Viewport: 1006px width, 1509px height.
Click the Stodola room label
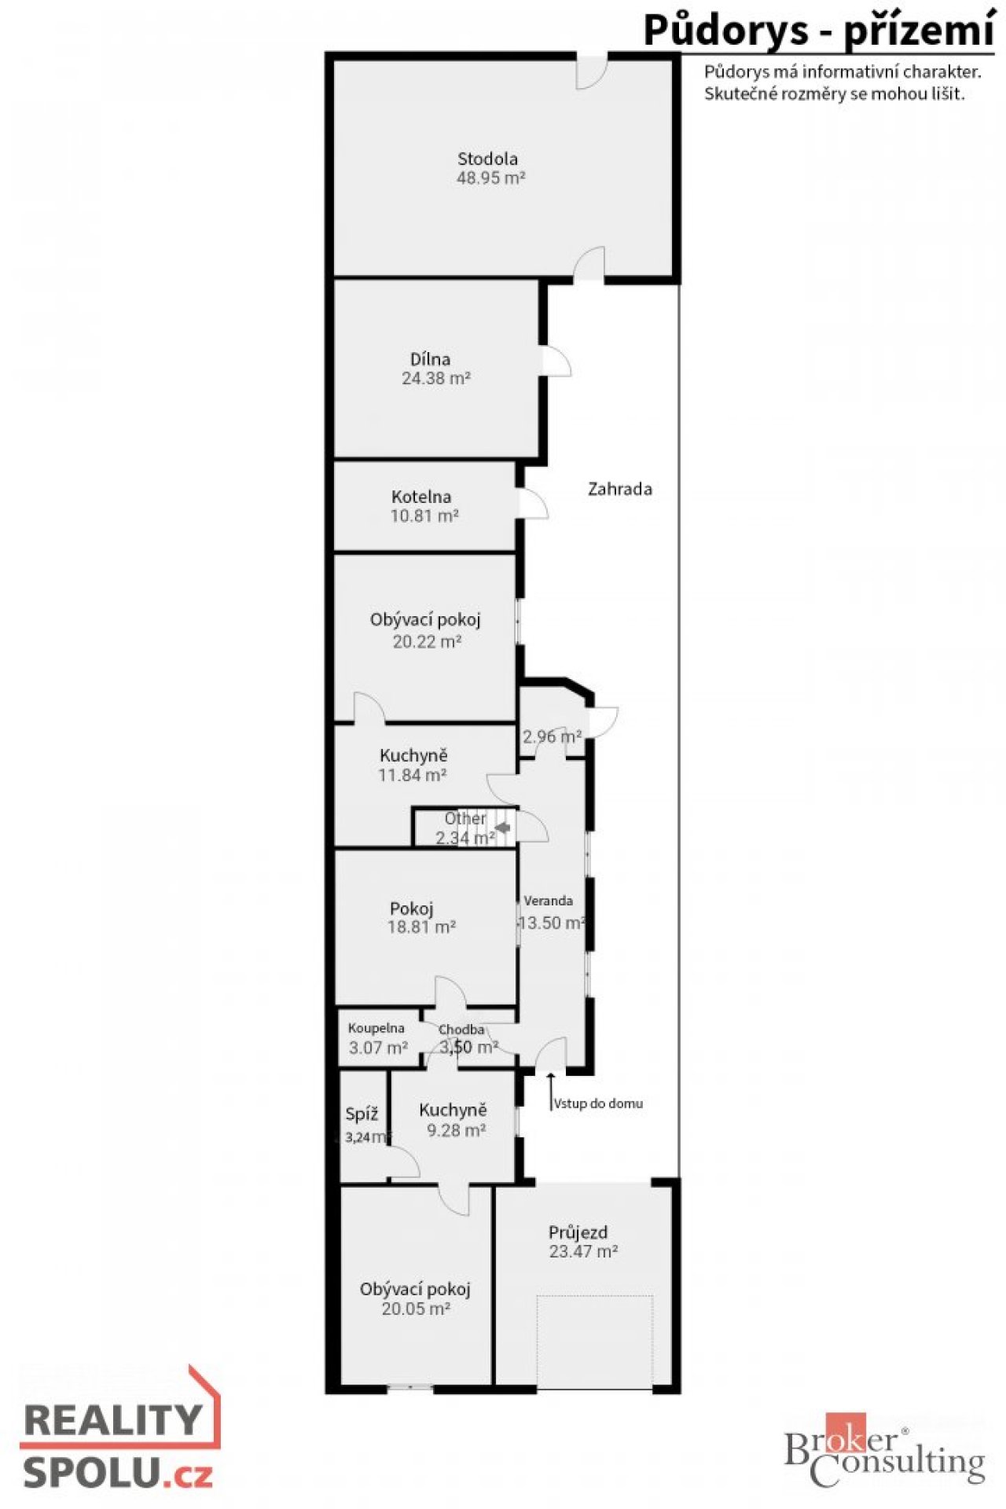(x=488, y=159)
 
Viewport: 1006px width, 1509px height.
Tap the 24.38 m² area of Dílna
(x=436, y=378)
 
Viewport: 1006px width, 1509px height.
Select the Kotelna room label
(x=421, y=497)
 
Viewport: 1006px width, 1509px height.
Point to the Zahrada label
(x=620, y=489)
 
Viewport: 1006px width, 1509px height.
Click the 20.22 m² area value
(x=427, y=641)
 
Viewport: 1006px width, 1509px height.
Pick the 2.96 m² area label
(x=553, y=736)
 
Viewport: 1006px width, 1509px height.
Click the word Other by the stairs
(x=465, y=818)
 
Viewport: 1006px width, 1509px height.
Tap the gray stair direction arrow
(x=501, y=827)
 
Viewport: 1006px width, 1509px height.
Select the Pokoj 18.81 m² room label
(x=421, y=917)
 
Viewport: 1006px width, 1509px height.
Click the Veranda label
(x=549, y=901)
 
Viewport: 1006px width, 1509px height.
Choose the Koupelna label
(x=376, y=1028)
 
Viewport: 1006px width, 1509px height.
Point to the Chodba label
(x=461, y=1030)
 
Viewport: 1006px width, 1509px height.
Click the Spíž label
(x=362, y=1114)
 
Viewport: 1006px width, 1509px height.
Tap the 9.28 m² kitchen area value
(x=456, y=1130)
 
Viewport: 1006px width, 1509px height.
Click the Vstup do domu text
(x=598, y=1103)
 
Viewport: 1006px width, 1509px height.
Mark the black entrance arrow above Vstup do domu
(x=550, y=1091)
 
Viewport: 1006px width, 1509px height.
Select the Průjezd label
(x=578, y=1232)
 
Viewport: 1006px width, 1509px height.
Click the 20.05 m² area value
(x=416, y=1309)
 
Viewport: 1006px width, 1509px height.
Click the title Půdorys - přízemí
(x=819, y=31)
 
